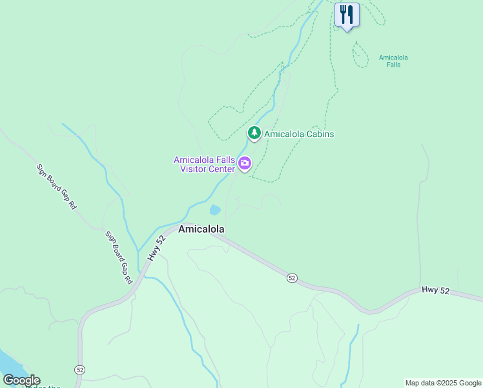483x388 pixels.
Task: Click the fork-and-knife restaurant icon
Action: [347, 15]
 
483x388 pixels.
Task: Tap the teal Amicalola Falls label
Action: [393, 61]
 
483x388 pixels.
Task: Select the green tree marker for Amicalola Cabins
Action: [254, 133]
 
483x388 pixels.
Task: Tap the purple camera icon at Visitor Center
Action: [244, 164]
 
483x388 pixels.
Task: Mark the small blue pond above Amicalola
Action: [214, 210]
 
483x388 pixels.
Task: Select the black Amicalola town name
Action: [201, 230]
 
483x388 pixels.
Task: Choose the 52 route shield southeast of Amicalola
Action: [292, 277]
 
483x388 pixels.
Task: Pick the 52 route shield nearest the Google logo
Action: [79, 369]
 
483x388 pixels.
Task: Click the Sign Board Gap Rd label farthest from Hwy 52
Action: [57, 186]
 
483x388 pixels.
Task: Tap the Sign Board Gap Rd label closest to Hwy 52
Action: [118, 257]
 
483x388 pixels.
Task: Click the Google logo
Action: [21, 380]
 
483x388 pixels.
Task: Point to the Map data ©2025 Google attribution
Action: [443, 383]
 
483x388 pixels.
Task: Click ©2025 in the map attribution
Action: [448, 383]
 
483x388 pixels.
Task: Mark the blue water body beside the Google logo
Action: [8, 362]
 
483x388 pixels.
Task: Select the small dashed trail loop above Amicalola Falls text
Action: [360, 54]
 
